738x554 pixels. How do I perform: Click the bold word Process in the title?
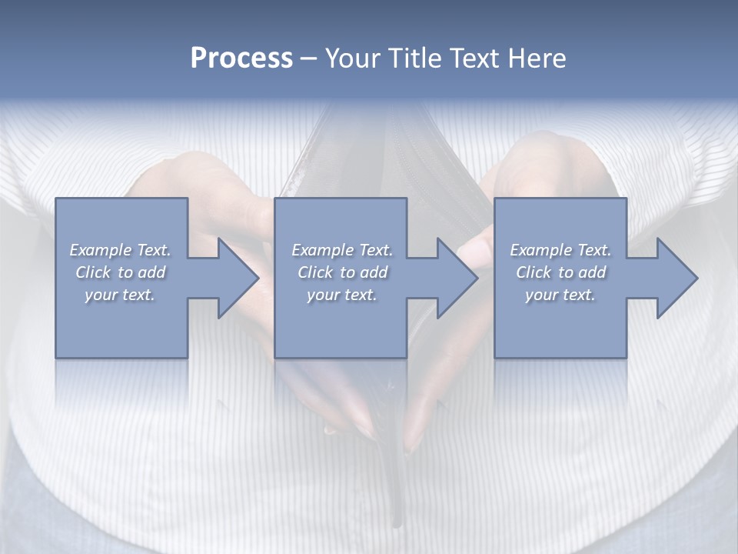click(x=241, y=58)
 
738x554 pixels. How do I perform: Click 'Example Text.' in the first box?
click(x=120, y=250)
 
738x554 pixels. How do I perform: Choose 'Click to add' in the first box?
click(x=120, y=272)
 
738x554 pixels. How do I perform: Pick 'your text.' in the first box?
click(x=120, y=295)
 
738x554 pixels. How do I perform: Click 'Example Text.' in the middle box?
click(x=342, y=250)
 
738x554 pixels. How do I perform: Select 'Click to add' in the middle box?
click(x=342, y=272)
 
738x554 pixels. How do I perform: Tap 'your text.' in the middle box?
click(x=342, y=295)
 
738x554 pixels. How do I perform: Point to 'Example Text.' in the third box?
click(x=560, y=250)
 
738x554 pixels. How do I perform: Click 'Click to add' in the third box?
click(x=560, y=272)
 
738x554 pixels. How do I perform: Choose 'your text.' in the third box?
click(x=560, y=295)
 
